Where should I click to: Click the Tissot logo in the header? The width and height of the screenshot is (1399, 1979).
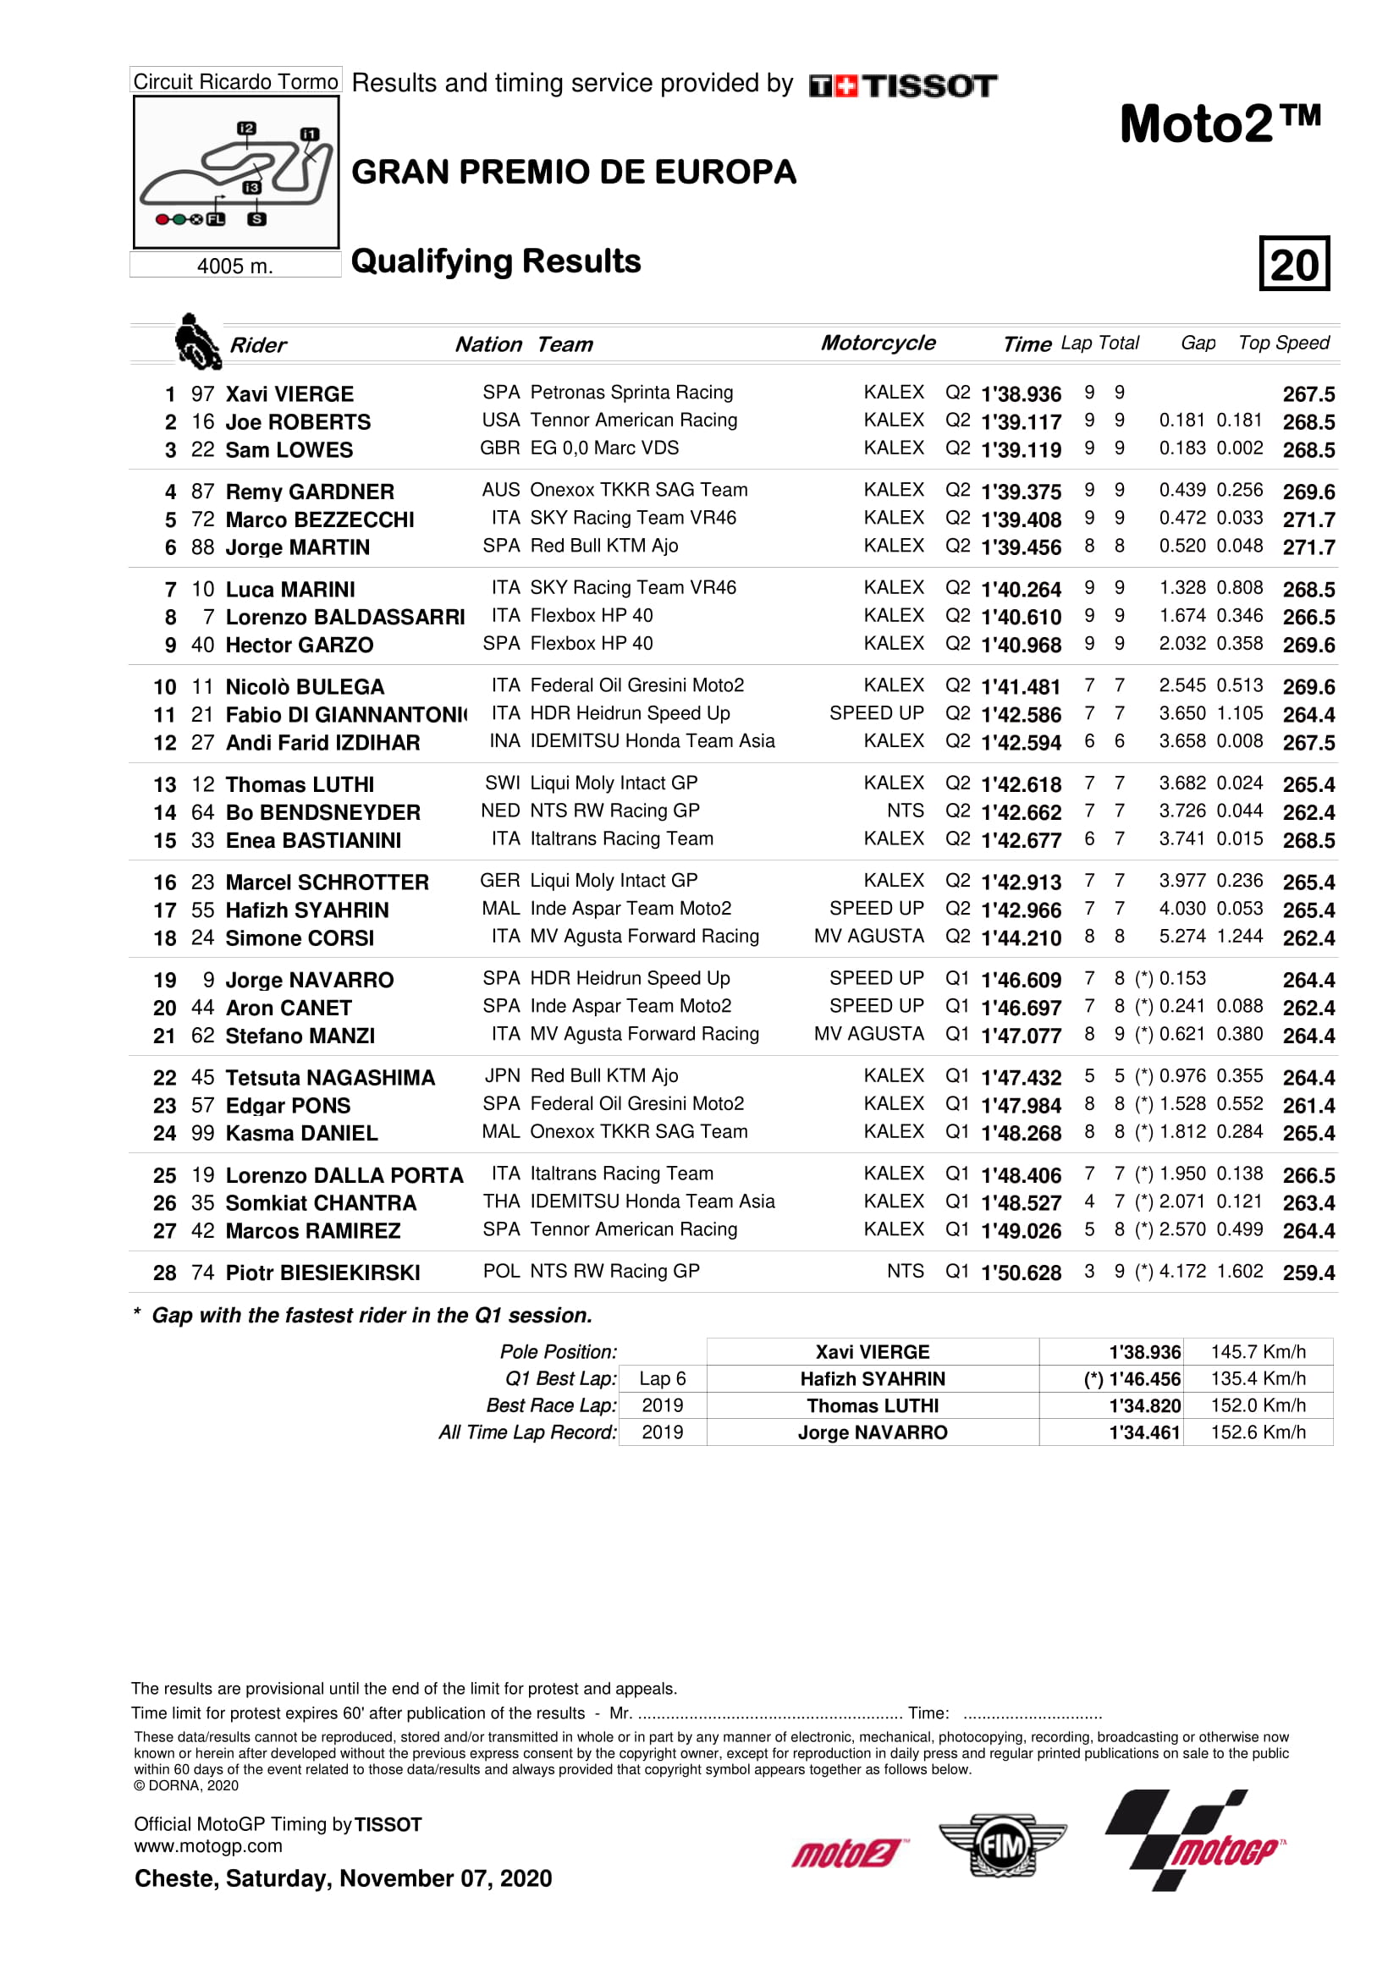pos(902,85)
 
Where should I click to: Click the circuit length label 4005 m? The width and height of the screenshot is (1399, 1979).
pos(234,266)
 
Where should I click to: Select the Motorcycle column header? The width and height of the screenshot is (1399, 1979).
pos(878,343)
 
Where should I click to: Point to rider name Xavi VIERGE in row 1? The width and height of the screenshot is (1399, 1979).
pos(289,394)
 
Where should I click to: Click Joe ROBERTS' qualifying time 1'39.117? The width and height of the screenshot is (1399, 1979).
pos(1021,421)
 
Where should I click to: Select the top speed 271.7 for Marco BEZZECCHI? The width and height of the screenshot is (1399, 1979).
pos(1308,519)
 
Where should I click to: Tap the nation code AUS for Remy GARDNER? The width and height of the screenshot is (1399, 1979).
pos(501,491)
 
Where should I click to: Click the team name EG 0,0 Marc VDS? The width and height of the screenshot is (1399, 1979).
pos(604,448)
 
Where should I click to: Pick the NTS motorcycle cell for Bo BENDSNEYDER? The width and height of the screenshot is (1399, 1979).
pos(905,811)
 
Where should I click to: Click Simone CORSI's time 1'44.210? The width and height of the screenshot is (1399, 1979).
pos(1021,937)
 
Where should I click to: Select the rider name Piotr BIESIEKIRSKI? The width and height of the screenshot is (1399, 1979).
pos(322,1273)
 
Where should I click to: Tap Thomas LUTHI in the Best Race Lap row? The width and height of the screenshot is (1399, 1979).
pos(873,1406)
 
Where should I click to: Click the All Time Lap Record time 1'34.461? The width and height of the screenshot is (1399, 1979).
pos(1144,1432)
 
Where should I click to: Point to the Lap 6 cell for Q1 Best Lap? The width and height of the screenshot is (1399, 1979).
pos(662,1379)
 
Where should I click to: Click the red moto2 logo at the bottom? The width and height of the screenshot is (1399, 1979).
pos(845,1852)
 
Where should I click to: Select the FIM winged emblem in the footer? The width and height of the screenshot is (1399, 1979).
pos(1002,1845)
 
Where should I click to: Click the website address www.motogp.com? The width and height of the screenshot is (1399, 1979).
pos(207,1846)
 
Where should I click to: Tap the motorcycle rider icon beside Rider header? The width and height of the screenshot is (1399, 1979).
pos(196,341)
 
